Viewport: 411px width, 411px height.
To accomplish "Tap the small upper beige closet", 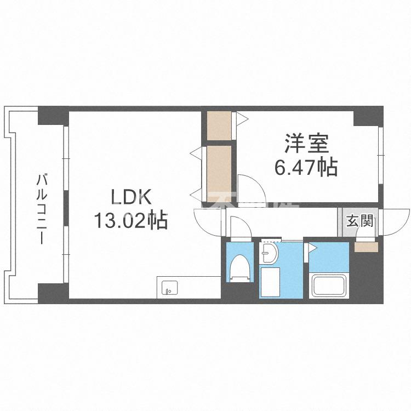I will pyautogui.click(x=219, y=126).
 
